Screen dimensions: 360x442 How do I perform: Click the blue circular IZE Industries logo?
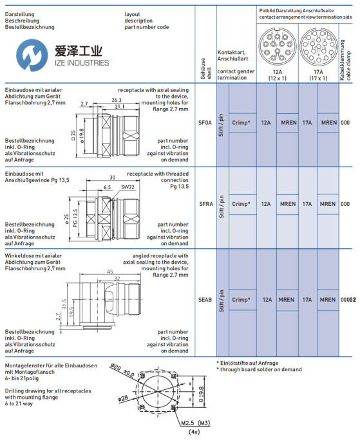(x=32, y=55)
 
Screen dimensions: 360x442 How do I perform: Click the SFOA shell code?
(x=205, y=123)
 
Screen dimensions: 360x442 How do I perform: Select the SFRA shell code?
(x=206, y=204)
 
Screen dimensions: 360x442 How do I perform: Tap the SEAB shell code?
(x=205, y=300)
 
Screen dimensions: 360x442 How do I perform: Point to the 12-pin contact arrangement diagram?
(x=278, y=47)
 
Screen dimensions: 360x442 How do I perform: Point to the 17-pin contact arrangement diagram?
(x=319, y=47)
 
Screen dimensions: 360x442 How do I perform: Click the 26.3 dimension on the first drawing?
(x=117, y=100)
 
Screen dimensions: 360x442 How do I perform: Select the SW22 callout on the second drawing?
(x=128, y=187)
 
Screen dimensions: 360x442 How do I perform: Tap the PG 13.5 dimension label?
(x=75, y=218)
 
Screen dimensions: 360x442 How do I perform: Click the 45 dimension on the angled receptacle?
(x=110, y=272)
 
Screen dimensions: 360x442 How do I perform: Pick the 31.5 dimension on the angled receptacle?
(x=64, y=304)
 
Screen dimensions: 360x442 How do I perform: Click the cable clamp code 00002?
(x=348, y=300)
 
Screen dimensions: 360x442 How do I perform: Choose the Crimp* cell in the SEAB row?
(x=241, y=300)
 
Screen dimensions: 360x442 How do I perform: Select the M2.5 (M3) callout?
(x=196, y=423)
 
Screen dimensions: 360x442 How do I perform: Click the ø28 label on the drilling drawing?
(x=123, y=399)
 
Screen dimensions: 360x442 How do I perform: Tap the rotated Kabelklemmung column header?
(x=345, y=60)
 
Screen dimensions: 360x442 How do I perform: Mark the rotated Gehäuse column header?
(x=206, y=68)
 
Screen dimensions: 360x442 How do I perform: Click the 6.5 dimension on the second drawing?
(x=107, y=187)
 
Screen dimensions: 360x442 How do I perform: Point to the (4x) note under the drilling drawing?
(x=194, y=432)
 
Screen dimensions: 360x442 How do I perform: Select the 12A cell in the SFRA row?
(x=266, y=204)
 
